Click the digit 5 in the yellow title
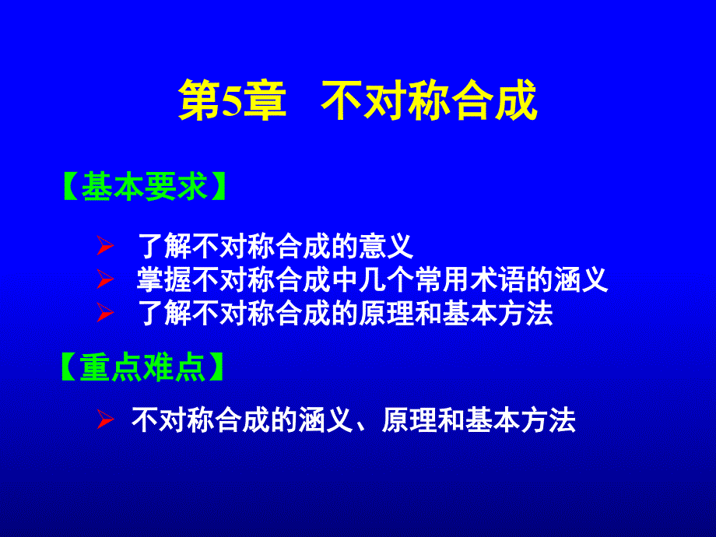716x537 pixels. click(x=231, y=101)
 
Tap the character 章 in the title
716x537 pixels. click(x=265, y=100)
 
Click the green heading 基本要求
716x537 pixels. click(x=144, y=186)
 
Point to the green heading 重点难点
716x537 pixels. click(x=142, y=367)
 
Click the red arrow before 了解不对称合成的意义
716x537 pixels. click(x=105, y=246)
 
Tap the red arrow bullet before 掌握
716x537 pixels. click(x=105, y=279)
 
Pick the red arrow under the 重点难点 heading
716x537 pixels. click(x=105, y=419)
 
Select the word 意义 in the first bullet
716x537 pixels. click(x=386, y=246)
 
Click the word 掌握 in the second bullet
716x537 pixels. click(x=164, y=279)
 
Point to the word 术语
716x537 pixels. click(x=498, y=279)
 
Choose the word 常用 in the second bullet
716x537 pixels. click(x=442, y=279)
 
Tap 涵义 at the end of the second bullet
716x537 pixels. click(x=581, y=279)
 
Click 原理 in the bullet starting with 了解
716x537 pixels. click(x=386, y=313)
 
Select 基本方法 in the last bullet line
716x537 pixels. click(x=521, y=420)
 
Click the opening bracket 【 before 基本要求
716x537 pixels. click(x=72, y=186)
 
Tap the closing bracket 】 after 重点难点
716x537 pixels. click(x=216, y=367)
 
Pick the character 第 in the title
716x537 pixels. click(x=199, y=100)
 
